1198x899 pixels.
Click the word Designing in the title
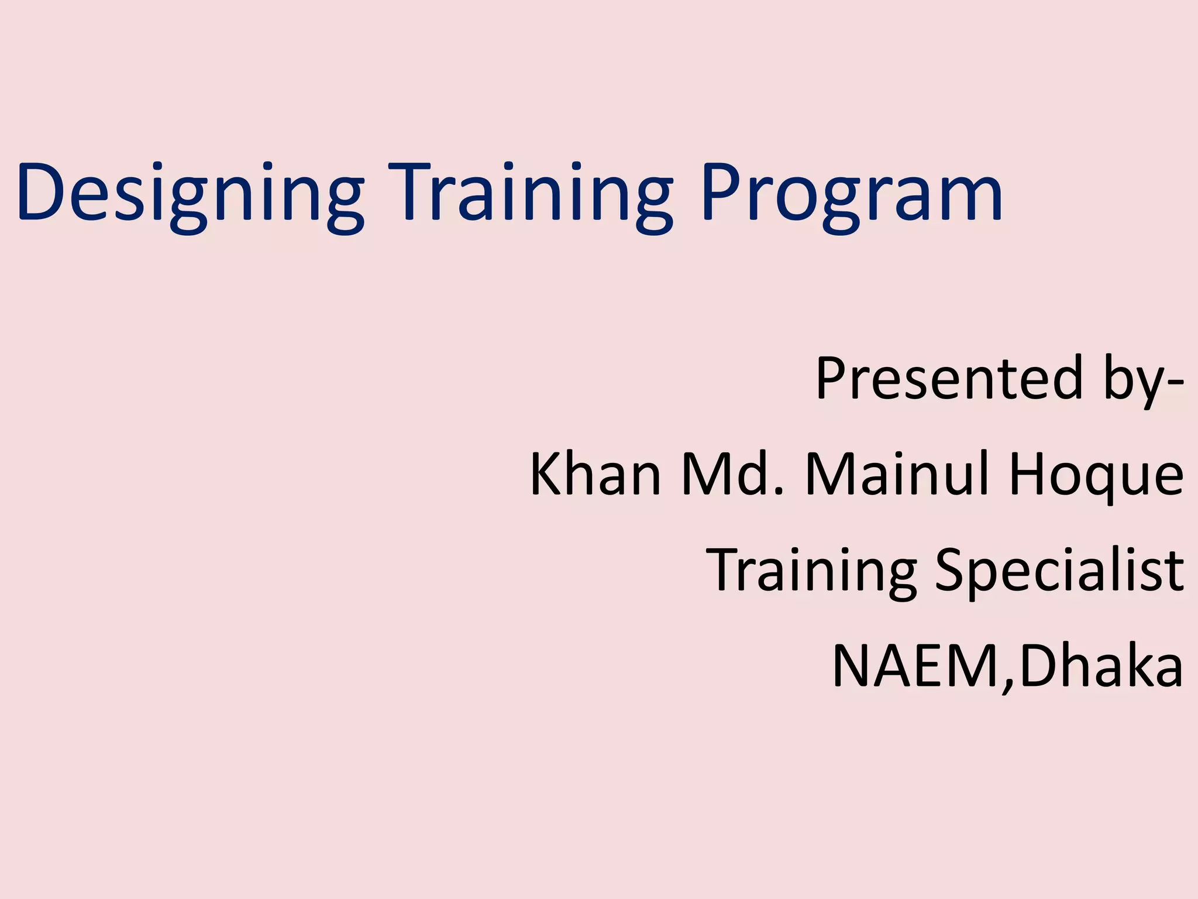pos(190,193)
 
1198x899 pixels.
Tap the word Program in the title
pos(851,193)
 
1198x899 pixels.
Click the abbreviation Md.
pos(728,475)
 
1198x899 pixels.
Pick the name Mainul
pos(898,475)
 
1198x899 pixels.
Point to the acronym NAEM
pos(915,666)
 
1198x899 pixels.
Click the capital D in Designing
pos(44,193)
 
